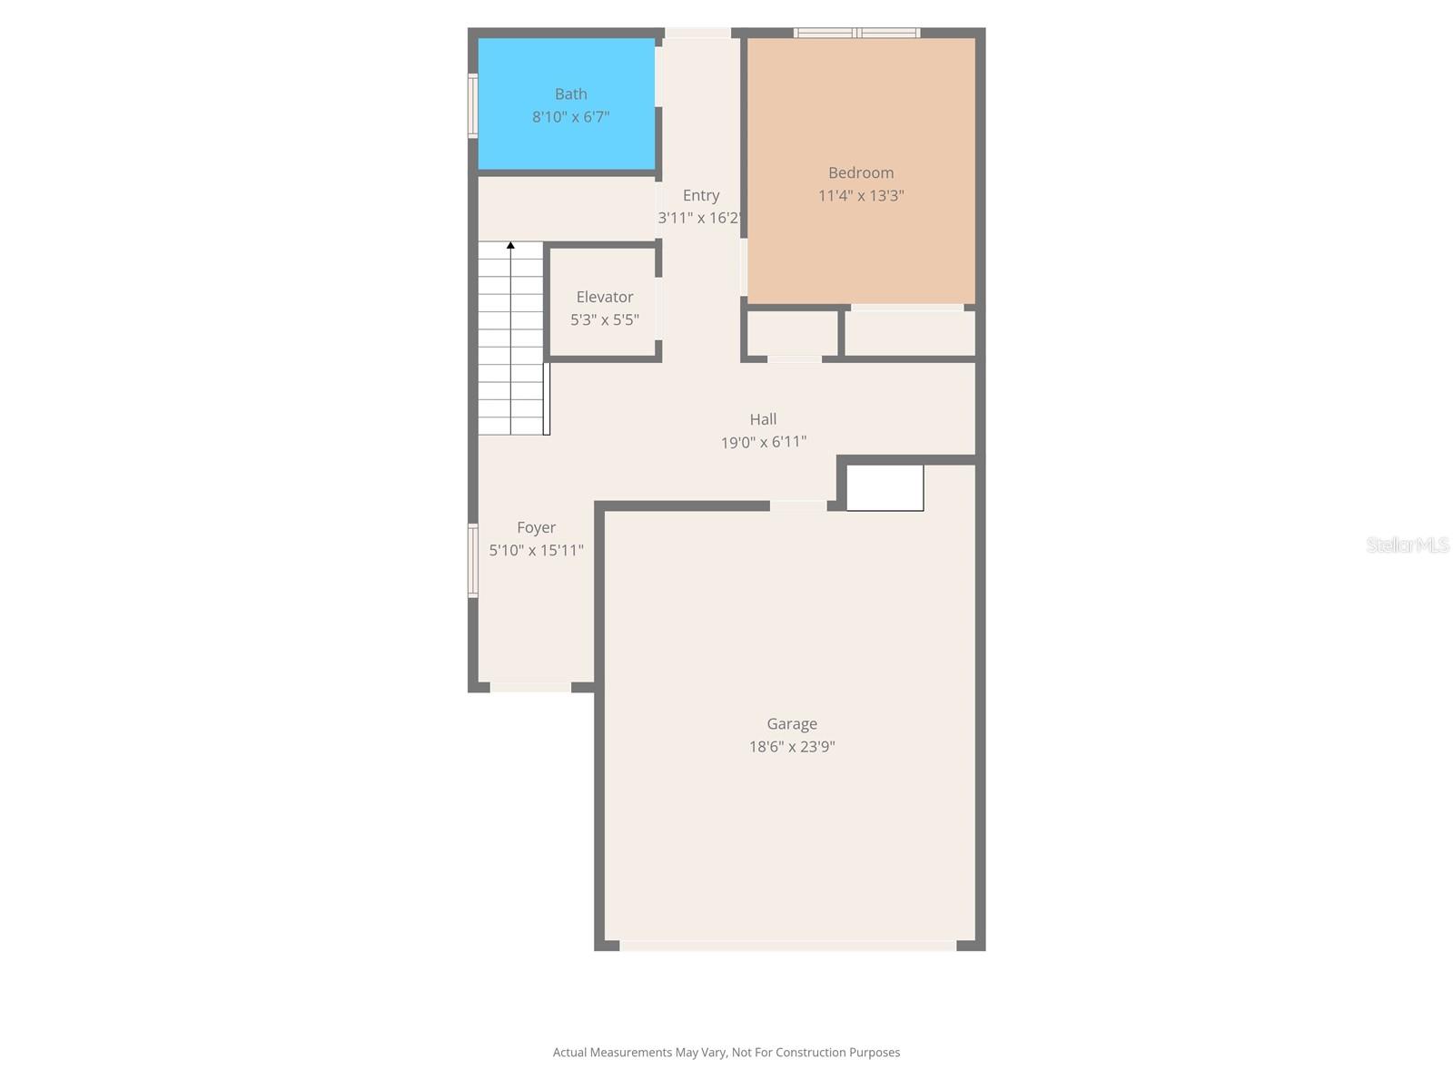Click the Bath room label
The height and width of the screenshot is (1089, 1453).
[570, 93]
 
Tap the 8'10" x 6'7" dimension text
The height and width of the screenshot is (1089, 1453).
[570, 117]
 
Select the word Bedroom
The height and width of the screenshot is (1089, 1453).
[861, 172]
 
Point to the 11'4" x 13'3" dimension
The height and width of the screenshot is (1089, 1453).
[861, 196]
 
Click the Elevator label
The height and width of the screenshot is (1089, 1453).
[605, 297]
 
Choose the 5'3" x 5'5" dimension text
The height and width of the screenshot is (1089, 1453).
[605, 320]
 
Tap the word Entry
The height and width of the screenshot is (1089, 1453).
[701, 196]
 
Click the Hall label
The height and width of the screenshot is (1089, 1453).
[763, 419]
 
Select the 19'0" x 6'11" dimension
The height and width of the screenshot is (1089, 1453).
[763, 442]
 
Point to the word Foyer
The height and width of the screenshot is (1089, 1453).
[536, 527]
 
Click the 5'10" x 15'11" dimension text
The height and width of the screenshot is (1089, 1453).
[536, 550]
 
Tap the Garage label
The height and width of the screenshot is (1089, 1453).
[792, 724]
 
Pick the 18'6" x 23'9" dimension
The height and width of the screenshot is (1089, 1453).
[792, 747]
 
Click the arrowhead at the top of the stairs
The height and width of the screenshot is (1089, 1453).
[510, 245]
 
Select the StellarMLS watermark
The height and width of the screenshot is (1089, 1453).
[1408, 544]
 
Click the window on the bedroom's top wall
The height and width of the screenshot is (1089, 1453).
[856, 33]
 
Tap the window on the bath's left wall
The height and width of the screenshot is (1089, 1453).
[472, 106]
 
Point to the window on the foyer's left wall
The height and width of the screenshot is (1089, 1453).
[472, 561]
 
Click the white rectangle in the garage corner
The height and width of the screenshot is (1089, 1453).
[885, 488]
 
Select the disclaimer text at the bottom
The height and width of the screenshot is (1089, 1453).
[726, 1052]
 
